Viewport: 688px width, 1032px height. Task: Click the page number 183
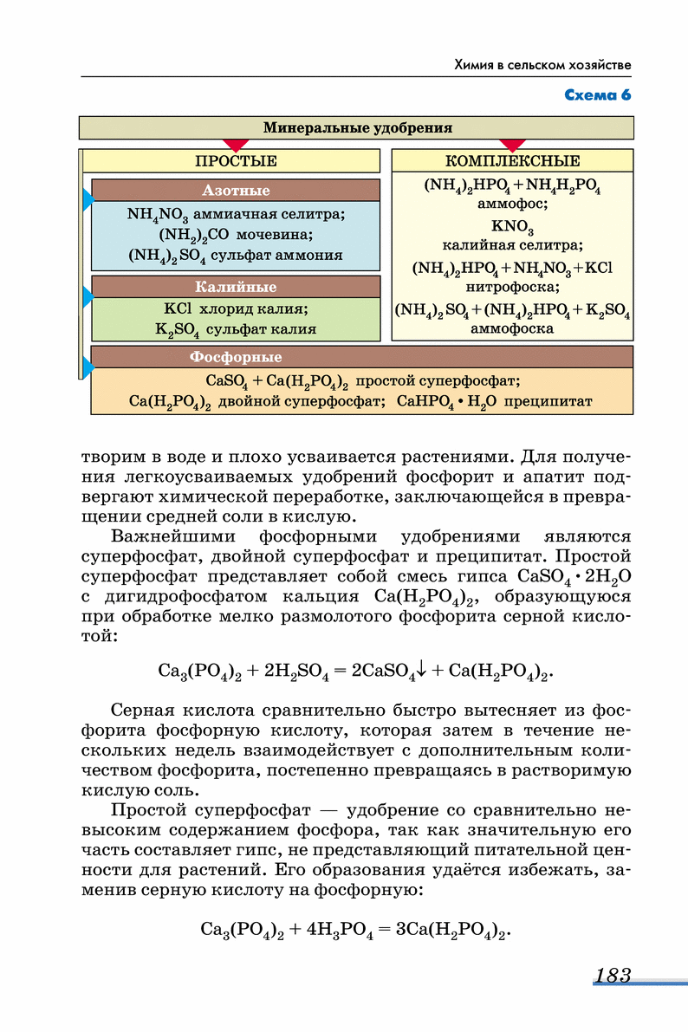click(x=613, y=976)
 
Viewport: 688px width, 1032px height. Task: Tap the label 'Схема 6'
click(x=597, y=94)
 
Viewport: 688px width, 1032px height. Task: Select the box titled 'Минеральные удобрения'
click(x=356, y=128)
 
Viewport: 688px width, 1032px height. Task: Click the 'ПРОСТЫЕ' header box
click(x=236, y=161)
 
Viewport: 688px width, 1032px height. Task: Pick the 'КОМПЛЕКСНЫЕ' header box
click(x=512, y=161)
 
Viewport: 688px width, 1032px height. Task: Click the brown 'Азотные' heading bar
click(x=236, y=191)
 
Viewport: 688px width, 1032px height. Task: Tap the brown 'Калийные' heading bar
click(x=236, y=288)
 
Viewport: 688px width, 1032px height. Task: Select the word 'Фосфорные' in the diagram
click(x=236, y=357)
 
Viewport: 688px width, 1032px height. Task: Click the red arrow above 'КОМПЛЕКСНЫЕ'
click(x=512, y=144)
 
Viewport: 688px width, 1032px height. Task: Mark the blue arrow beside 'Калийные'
click(x=88, y=298)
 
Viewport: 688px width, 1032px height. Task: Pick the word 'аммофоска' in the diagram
click(x=512, y=329)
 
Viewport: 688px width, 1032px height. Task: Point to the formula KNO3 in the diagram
click(x=512, y=227)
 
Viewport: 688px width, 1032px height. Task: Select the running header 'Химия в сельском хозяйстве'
click(x=543, y=65)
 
